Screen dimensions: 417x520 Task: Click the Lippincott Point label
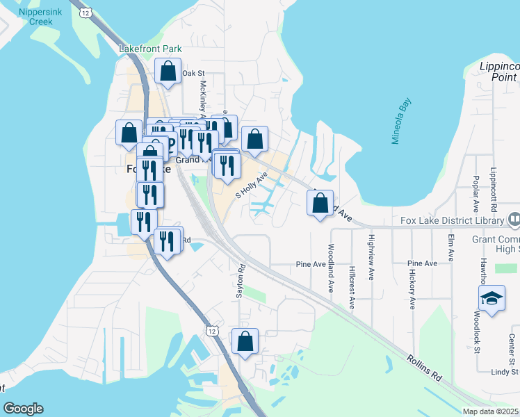[x=498, y=72]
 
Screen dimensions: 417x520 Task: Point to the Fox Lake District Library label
[x=453, y=221]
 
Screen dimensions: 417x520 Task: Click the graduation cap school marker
[x=491, y=299]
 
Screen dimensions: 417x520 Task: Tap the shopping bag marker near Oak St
[x=168, y=71]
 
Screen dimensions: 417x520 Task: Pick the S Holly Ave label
[x=251, y=186]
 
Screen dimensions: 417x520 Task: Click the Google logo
[x=23, y=409]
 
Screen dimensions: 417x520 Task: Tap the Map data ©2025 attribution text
[x=490, y=411]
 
